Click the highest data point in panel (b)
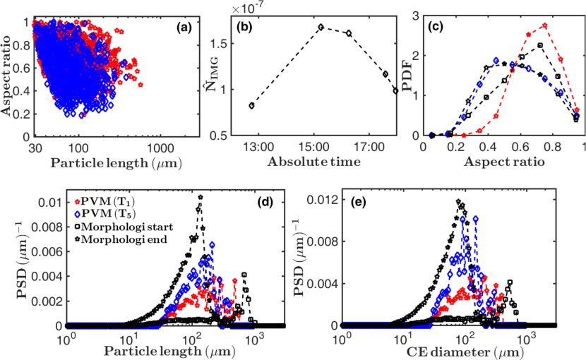coord(321,27)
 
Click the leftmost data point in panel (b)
coord(251,105)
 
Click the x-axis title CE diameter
coord(450,351)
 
